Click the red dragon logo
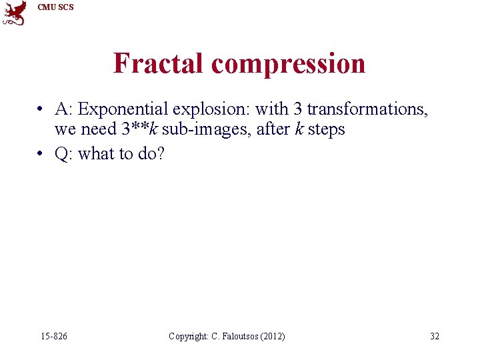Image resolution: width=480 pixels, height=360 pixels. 15,13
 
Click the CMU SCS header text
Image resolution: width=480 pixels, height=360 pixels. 56,7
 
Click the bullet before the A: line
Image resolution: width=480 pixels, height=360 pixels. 41,109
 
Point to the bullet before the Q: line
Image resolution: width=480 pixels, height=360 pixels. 41,154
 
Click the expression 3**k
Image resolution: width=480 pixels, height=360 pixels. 139,129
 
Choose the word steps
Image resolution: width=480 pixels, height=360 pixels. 327,129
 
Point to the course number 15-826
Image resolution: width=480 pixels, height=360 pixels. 53,336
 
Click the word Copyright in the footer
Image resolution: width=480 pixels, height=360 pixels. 189,336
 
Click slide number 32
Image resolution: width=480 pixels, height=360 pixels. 434,336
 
